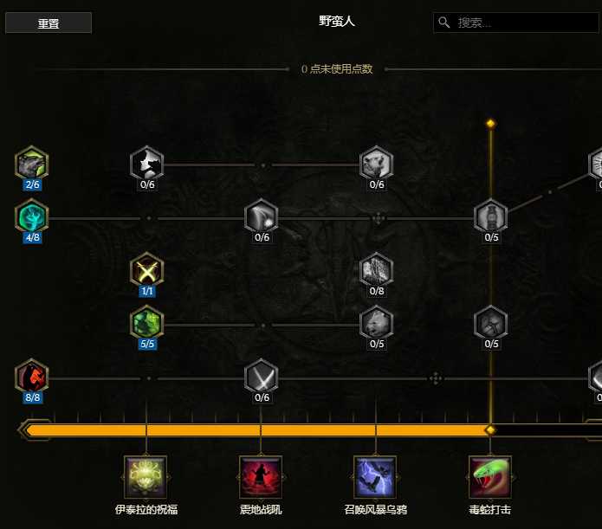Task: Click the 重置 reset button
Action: coord(49,23)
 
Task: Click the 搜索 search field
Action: coord(517,23)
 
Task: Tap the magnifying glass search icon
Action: coord(443,23)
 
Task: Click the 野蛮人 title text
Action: coord(336,21)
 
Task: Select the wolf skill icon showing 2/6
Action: coord(32,163)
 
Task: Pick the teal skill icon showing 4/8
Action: coord(32,216)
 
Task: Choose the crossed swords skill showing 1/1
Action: coord(147,269)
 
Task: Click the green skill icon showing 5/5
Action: coord(147,322)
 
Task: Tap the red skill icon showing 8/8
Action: coord(32,376)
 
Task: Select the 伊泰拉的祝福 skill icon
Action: coord(146,477)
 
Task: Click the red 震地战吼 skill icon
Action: coord(261,477)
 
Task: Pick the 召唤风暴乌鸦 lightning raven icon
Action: coord(375,477)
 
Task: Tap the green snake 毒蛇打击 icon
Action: coord(490,477)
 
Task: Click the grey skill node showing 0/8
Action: coord(376,269)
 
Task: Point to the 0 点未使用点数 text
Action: coord(337,69)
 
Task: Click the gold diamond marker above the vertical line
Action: coord(490,123)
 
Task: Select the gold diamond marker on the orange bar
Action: coord(490,430)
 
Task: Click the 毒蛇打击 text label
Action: coord(490,509)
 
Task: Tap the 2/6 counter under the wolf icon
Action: coord(32,184)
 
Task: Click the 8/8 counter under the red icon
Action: coord(32,397)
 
